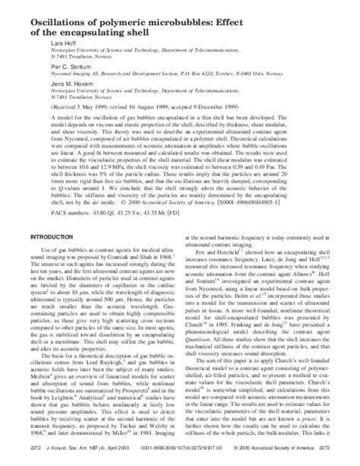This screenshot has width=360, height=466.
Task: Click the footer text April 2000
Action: (x=110, y=458)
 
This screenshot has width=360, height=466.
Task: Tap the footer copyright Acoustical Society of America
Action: (x=289, y=458)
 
